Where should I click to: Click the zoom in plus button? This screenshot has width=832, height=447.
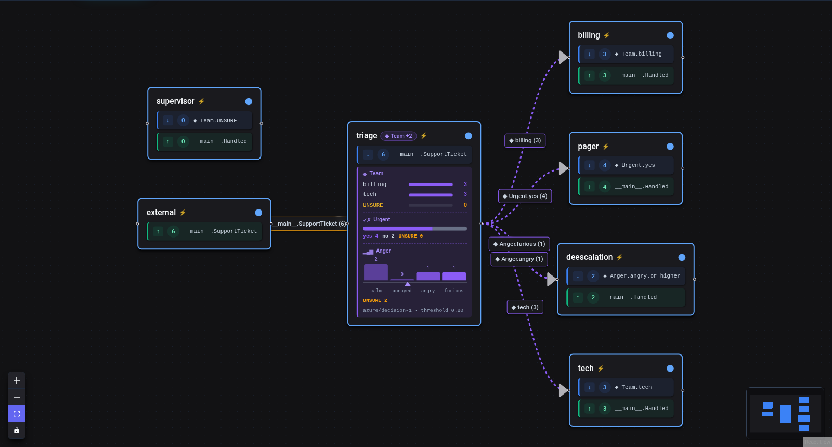[16, 380]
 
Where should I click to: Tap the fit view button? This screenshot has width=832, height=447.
[16, 414]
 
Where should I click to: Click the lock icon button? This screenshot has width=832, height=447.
[16, 431]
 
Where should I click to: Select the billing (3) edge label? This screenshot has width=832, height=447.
[525, 140]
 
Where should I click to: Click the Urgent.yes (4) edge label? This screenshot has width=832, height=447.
[525, 196]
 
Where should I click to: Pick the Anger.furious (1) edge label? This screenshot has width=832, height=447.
[519, 244]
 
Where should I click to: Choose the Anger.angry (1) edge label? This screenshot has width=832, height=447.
[519, 259]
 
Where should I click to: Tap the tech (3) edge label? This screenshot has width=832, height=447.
[525, 307]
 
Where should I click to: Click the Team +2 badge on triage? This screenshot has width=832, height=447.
[398, 136]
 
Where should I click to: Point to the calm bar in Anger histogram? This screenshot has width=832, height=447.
[376, 272]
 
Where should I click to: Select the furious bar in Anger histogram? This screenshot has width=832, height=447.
[454, 276]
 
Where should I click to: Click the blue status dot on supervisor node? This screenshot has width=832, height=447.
[249, 102]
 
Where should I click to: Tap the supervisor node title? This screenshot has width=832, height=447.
[175, 101]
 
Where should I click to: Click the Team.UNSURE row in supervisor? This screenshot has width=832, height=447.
[205, 120]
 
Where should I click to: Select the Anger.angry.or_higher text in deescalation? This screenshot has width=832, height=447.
[645, 276]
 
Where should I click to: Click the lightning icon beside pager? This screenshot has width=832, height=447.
[606, 147]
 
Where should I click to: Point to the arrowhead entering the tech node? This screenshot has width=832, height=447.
[564, 390]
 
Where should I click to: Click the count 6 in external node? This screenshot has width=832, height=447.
[173, 231]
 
